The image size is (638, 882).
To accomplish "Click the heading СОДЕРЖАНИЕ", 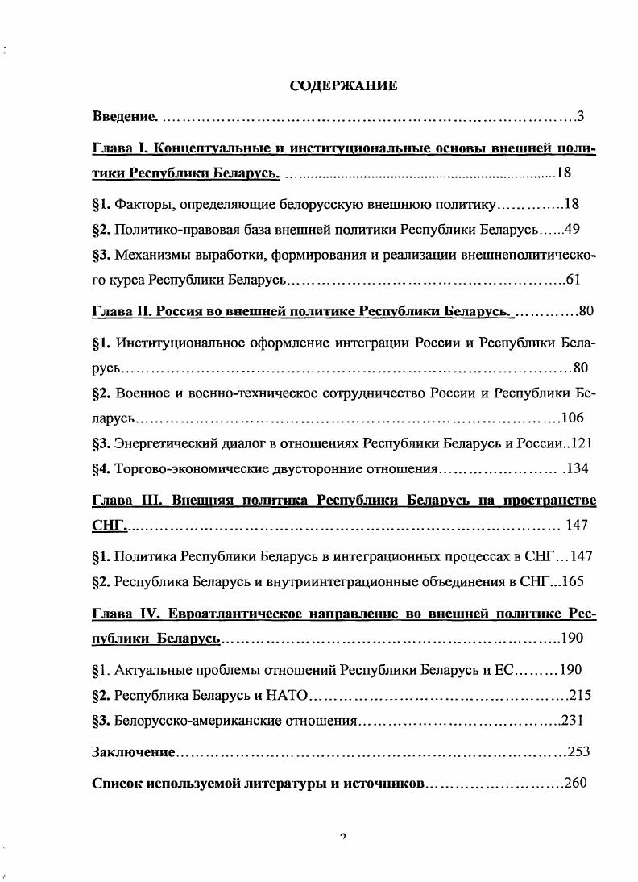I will coord(343,85).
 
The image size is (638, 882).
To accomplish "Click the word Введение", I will coord(125,118).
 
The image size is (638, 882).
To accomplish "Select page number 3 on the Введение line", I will coord(580,118).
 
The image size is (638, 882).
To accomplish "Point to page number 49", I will coord(573,229).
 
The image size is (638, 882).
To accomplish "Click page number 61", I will coord(573,280).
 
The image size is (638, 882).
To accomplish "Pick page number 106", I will coord(572,418).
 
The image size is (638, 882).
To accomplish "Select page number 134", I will coord(579,469).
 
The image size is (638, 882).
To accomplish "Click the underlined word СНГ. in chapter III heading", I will coord(110,526).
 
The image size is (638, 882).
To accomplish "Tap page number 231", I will coord(572,721).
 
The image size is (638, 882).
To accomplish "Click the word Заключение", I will coord(134,752).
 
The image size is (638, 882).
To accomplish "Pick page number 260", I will coord(576,784).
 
